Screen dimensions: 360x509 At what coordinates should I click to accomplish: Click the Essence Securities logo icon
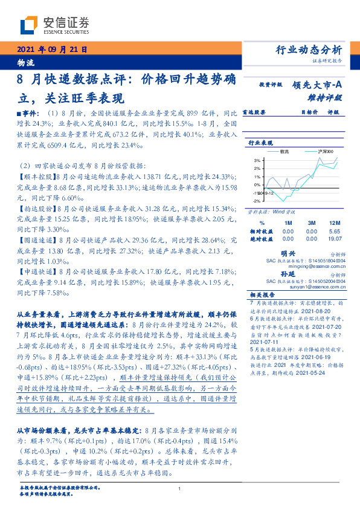pyautogui.click(x=28, y=24)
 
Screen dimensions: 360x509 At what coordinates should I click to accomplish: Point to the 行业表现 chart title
pyautogui.click(x=260, y=143)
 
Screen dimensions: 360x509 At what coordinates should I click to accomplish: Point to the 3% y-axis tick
pyautogui.click(x=256, y=160)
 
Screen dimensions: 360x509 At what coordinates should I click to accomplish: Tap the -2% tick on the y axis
pyautogui.click(x=256, y=200)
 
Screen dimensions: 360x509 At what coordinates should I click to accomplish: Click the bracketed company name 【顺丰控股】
pyautogui.click(x=35, y=177)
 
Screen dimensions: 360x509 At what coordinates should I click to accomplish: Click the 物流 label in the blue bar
pyautogui.click(x=25, y=63)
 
